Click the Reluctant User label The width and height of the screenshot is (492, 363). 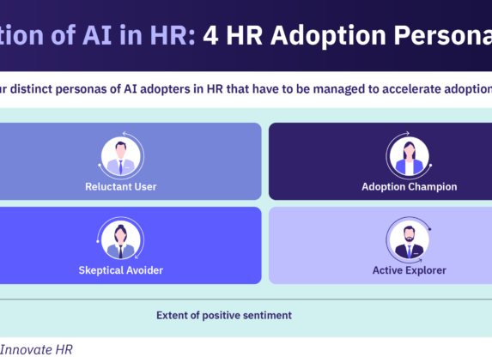coord(121,186)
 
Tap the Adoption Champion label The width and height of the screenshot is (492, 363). coord(409,186)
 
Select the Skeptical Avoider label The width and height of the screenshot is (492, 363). coord(120,270)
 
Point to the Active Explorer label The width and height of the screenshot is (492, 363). coord(409,270)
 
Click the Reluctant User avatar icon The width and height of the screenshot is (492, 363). coord(121,157)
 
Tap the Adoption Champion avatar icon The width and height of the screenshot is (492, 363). coord(409,157)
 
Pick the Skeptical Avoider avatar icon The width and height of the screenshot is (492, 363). coord(121,239)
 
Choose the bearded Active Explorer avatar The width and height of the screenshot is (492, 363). coord(409,239)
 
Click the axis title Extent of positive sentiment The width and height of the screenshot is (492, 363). coord(223,315)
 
